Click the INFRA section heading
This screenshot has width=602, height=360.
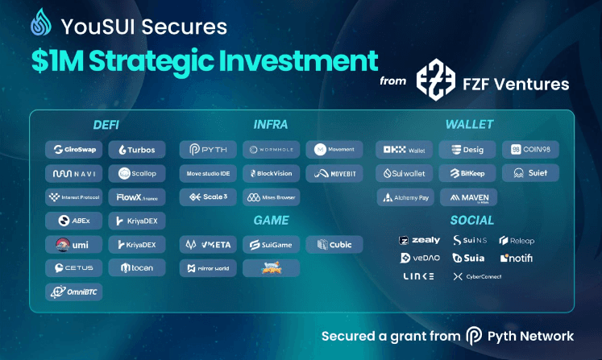(270, 125)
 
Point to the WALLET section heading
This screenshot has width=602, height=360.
(469, 125)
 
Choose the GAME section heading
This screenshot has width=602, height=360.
(270, 220)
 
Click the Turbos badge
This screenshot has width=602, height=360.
(137, 149)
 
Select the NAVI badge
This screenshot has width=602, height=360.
(73, 173)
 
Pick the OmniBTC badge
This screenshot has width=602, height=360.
(73, 292)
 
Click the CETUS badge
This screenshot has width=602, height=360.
(73, 267)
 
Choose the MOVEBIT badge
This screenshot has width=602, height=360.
(334, 173)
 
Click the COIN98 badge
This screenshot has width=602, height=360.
(530, 149)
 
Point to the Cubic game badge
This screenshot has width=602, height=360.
(334, 244)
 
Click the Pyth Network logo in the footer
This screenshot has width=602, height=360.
(474, 336)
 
